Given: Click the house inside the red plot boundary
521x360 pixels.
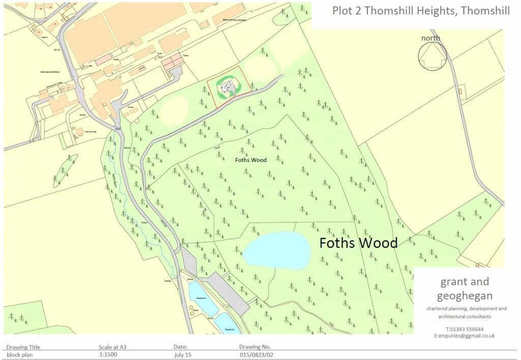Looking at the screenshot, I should pos(227,89).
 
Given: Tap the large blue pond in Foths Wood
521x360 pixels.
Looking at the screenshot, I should pos(277,250).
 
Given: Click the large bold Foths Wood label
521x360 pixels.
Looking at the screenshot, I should pos(358,243).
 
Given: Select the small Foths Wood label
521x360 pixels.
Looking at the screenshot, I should pos(251,160).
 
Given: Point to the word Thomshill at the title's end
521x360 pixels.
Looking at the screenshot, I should pos(485,11).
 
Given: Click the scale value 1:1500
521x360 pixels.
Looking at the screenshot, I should pos(110,354).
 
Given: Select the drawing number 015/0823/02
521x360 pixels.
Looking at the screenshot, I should pos(259,354).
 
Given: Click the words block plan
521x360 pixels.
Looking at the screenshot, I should pos(20,354).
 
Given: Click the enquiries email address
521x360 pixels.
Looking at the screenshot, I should pos(464,336).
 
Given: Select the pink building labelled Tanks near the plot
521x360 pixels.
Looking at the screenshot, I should pos(171,63).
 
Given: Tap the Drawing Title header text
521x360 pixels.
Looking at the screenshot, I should pos(23,347).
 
